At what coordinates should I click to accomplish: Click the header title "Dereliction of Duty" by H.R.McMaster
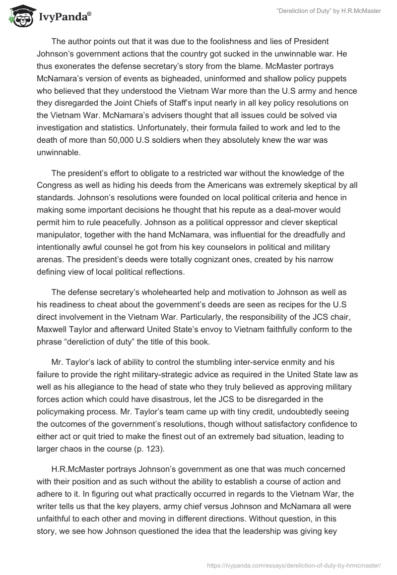(x=328, y=11)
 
